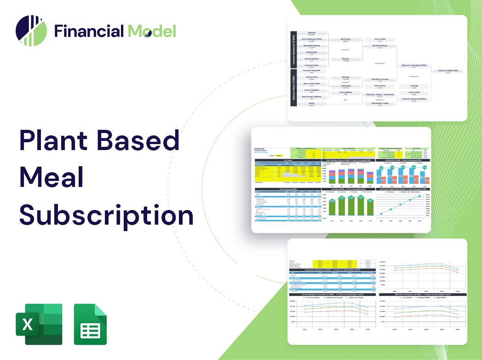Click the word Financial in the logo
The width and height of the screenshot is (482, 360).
tap(89, 31)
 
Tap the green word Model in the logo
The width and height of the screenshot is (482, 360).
tap(152, 31)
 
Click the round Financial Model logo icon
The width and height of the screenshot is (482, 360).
tap(31, 31)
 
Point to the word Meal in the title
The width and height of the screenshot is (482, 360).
tap(52, 177)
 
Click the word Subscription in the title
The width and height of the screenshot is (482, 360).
tap(106, 214)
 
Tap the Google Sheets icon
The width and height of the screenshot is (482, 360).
tap(90, 324)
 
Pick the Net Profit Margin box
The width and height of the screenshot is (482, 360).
tap(379, 46)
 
